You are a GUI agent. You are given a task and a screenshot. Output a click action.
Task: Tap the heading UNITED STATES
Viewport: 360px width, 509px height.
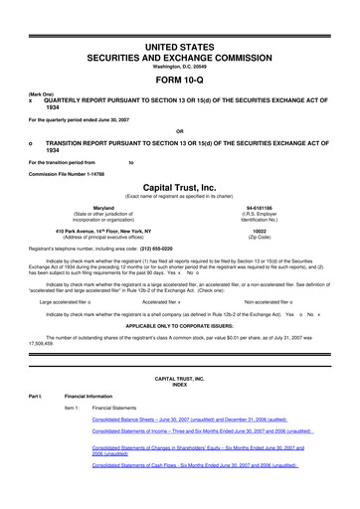point(179,48)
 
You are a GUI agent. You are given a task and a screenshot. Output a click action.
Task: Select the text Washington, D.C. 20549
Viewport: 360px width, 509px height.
point(179,67)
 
